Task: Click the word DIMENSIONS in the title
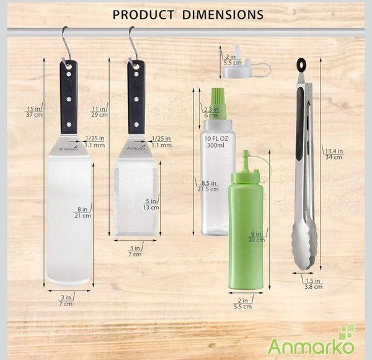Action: point(223,15)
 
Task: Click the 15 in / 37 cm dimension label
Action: point(34,112)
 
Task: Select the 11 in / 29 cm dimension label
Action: point(99,112)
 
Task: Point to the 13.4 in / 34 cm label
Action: point(334,154)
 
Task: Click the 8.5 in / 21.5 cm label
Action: point(208,186)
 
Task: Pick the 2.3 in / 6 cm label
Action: point(211,112)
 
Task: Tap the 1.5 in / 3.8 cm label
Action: point(313,284)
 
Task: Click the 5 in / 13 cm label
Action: point(151,204)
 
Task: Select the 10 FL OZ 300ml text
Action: point(216,142)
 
